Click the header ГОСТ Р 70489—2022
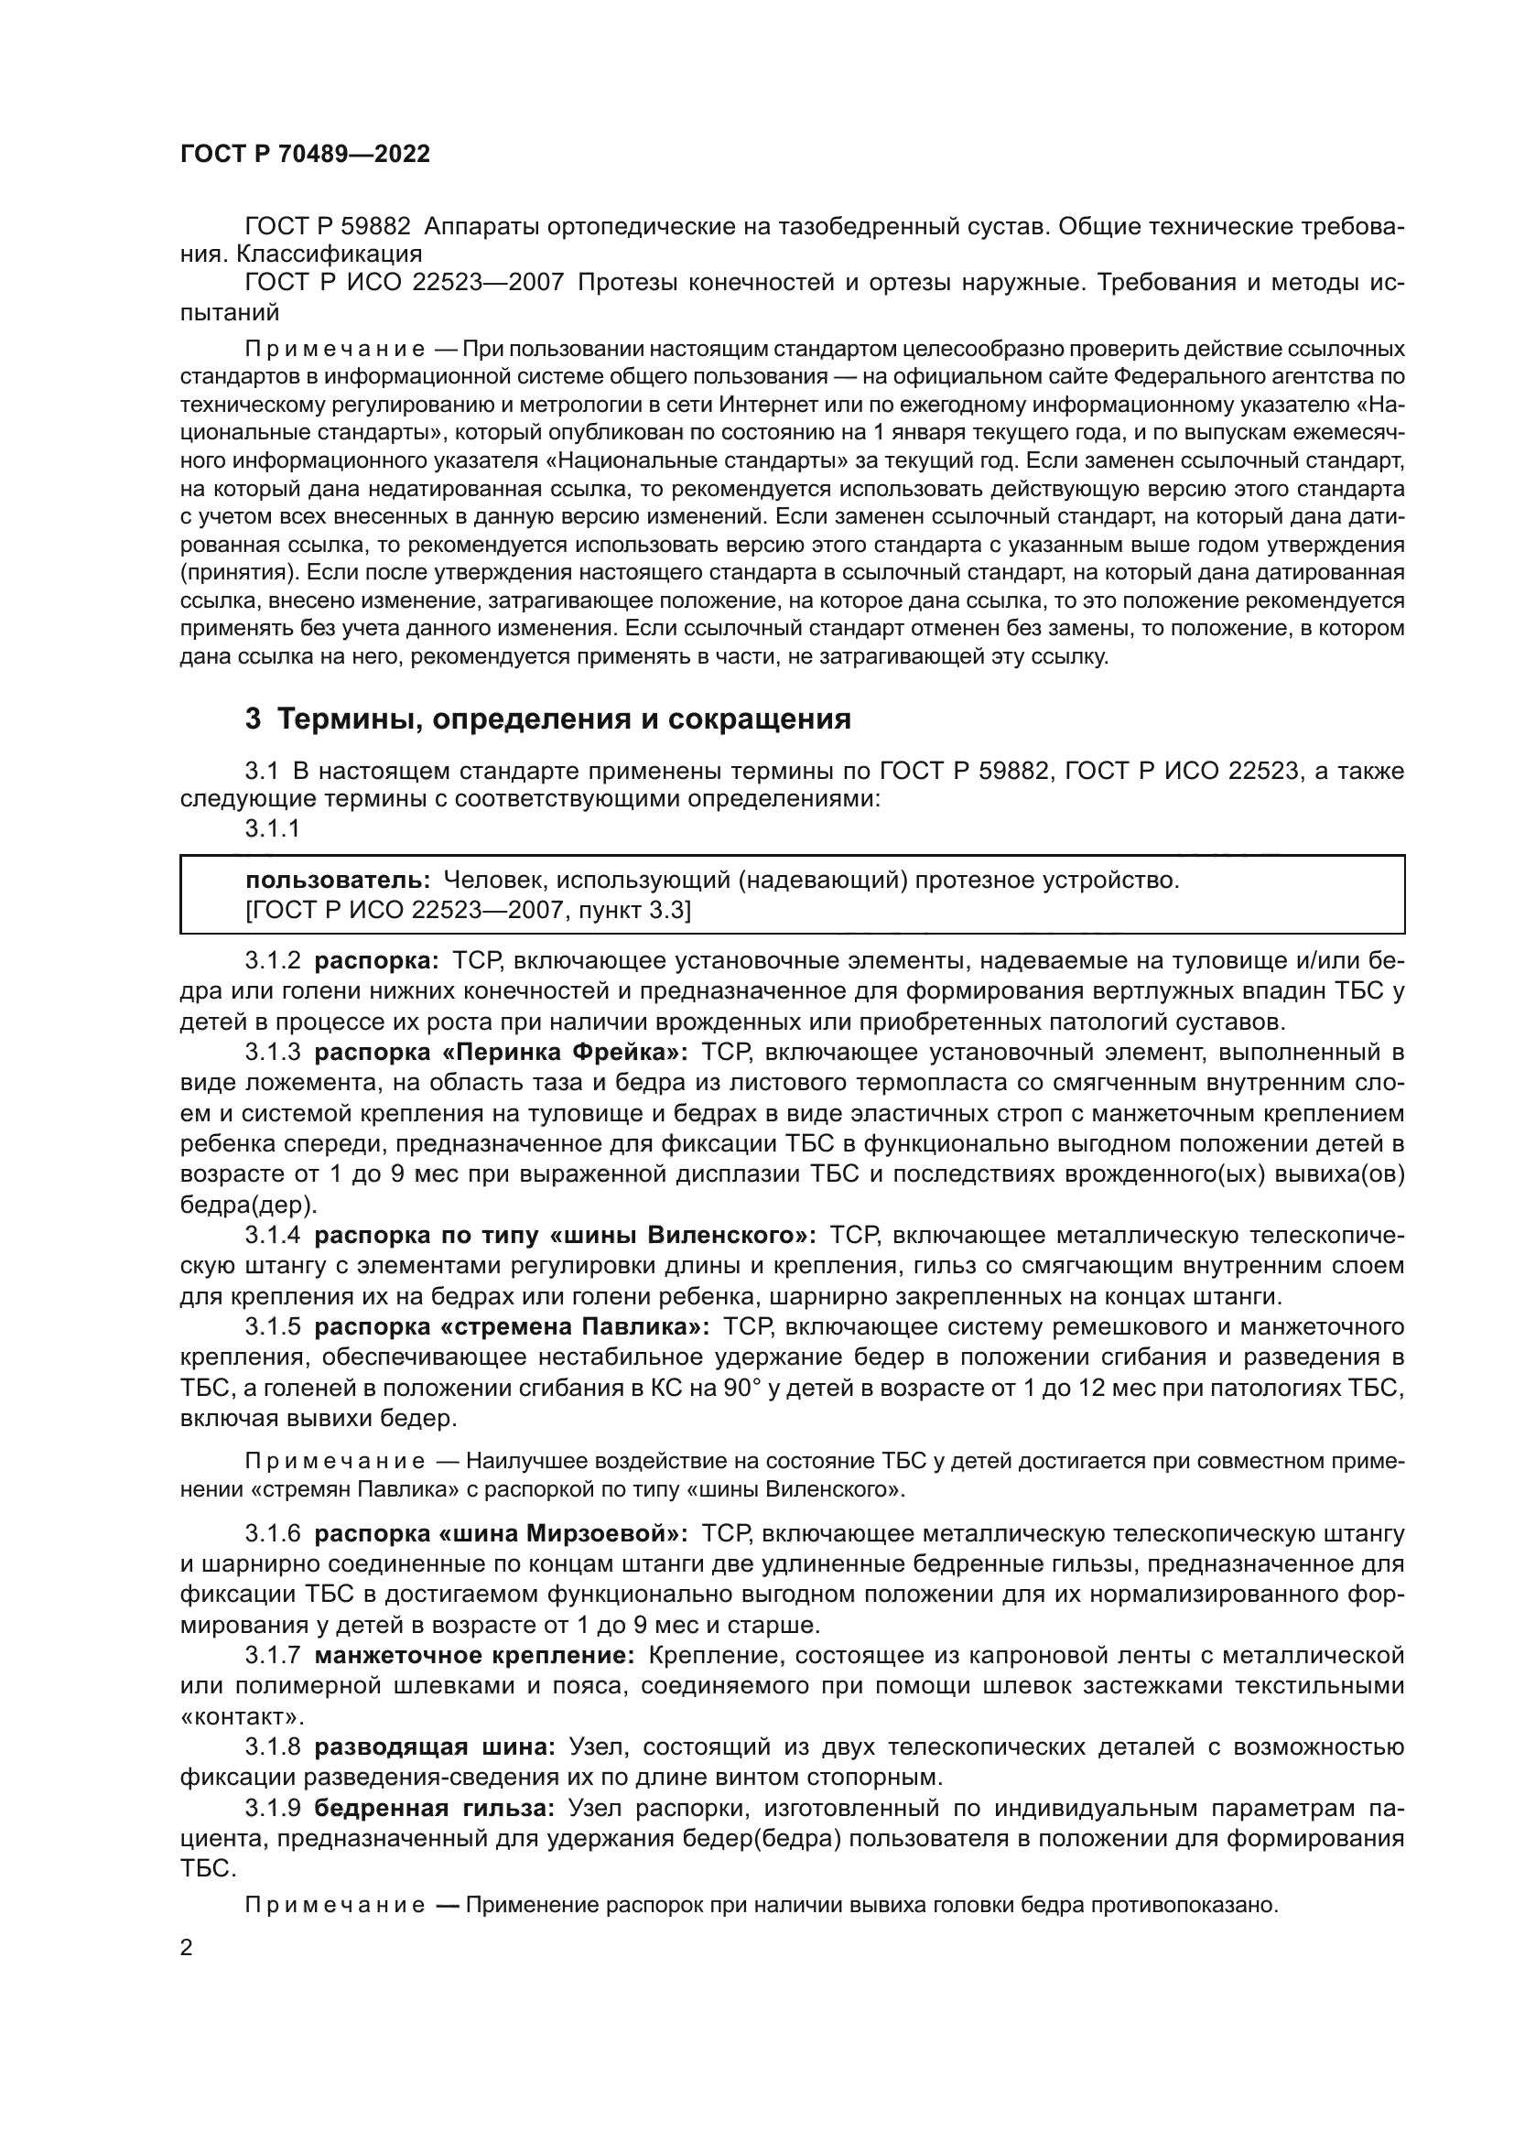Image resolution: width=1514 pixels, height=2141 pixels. pyautogui.click(x=305, y=155)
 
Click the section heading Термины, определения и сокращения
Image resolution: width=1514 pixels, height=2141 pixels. pyautogui.click(x=548, y=719)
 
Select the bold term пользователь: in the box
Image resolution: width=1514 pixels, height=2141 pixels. pyautogui.click(x=338, y=880)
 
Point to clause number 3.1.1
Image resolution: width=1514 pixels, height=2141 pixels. pyautogui.click(x=272, y=828)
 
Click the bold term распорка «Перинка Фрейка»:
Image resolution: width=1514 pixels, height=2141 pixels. pyautogui.click(x=501, y=1053)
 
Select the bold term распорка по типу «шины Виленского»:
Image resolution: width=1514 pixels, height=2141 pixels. pyautogui.click(x=565, y=1236)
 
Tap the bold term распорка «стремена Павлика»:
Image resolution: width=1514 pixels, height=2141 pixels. pyautogui.click(x=512, y=1327)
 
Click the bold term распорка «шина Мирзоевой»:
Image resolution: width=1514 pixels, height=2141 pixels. pyautogui.click(x=501, y=1534)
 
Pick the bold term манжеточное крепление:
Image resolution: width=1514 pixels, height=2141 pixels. pyautogui.click(x=474, y=1655)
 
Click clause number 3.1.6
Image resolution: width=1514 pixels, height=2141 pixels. pyautogui.click(x=272, y=1534)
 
